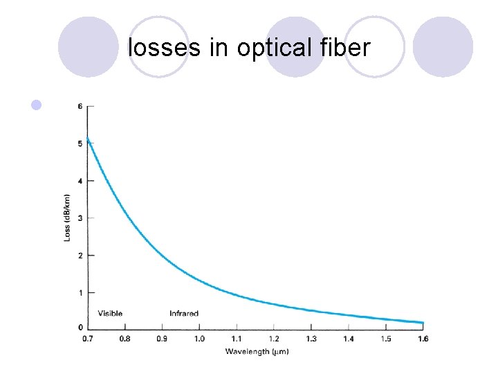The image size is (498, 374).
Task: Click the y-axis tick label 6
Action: [80, 106]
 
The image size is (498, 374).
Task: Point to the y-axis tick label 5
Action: [80, 143]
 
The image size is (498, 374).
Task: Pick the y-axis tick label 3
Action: [80, 218]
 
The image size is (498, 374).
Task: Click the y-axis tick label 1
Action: [80, 293]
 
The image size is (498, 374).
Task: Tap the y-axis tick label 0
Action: [80, 327]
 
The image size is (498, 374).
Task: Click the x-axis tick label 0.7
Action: [87, 339]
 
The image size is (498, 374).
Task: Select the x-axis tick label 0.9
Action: [162, 339]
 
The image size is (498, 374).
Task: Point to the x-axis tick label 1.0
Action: [199, 339]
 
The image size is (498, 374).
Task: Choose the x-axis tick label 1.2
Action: [274, 339]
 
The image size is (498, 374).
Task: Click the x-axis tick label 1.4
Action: [349, 339]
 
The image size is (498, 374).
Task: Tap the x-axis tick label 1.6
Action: [423, 339]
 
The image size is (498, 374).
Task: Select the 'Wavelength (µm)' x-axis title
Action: [257, 352]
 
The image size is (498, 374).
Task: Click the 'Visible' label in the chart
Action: [110, 314]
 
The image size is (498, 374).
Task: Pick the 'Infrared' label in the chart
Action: [184, 314]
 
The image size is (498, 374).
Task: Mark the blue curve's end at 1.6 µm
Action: [422, 323]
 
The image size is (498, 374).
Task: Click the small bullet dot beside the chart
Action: [37, 105]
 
